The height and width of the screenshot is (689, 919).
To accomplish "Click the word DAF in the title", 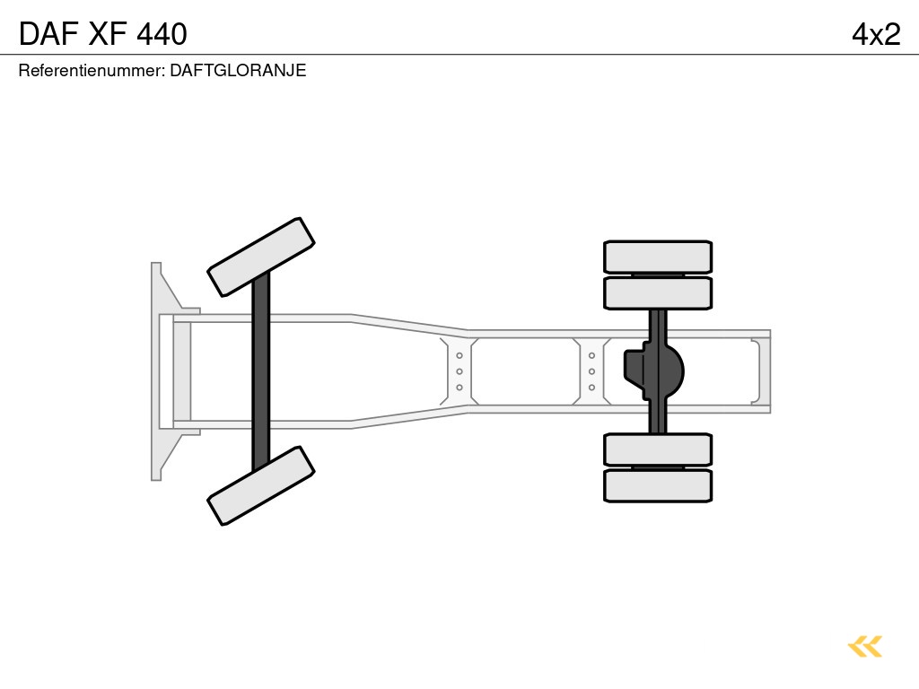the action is tap(48, 34).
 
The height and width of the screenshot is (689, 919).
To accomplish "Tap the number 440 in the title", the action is tap(162, 34).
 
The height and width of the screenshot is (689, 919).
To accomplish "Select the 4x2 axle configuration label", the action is tap(876, 34).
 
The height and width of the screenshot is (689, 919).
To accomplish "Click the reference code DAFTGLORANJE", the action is tap(238, 70).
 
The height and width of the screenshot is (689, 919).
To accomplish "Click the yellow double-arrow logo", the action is tap(865, 646).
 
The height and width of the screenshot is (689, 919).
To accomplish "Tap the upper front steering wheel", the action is tap(261, 257).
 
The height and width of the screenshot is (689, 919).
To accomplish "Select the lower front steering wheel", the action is tap(261, 485).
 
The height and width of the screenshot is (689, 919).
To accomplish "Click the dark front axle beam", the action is tap(261, 371).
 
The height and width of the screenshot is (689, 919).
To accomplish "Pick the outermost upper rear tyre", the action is tap(658, 257).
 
